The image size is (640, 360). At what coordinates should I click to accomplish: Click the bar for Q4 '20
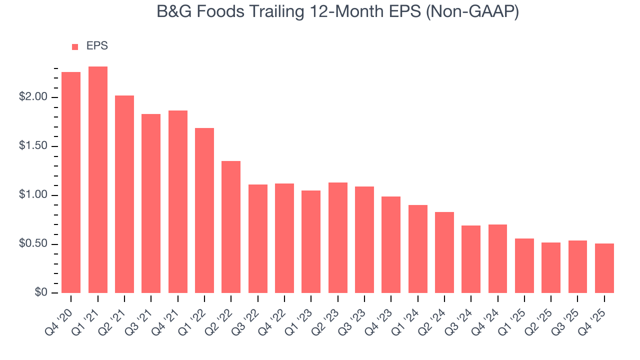71,182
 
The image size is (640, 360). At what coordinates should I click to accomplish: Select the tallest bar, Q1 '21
98,180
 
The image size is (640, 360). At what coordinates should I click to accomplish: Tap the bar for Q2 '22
231,227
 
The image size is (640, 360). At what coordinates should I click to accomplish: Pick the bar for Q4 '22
284,238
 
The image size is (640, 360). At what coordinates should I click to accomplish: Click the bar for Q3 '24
471,259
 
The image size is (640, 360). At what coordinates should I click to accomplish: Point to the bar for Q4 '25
604,268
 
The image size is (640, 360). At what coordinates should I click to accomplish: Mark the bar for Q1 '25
524,265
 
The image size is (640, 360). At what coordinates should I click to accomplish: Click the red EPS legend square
75,47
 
